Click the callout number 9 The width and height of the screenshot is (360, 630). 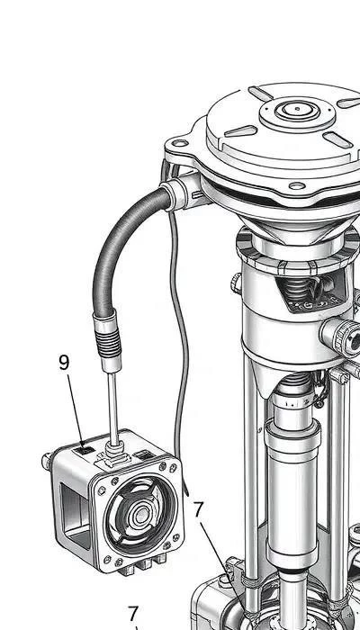(x=64, y=363)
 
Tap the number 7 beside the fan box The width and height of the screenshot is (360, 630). (x=199, y=510)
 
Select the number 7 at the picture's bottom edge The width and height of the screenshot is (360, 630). (x=133, y=614)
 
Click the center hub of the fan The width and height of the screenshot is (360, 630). (x=141, y=515)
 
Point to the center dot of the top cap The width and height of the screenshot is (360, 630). (x=297, y=109)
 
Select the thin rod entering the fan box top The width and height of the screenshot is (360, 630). (x=113, y=406)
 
